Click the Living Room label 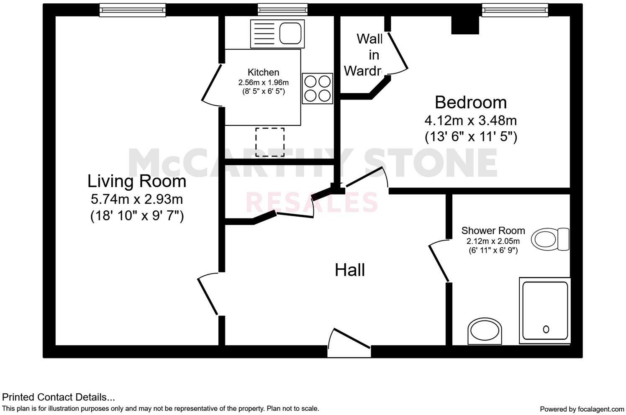pyautogui.click(x=137, y=181)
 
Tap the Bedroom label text pyautogui.click(x=470, y=102)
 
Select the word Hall pyautogui.click(x=350, y=270)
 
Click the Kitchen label pyautogui.click(x=263, y=72)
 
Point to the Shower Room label pyautogui.click(x=493, y=231)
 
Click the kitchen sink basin pyautogui.click(x=290, y=33)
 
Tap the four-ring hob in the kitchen pyautogui.click(x=317, y=89)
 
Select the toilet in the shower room pyautogui.click(x=550, y=239)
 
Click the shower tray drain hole pyautogui.click(x=546, y=329)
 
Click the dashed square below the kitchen pyautogui.click(x=270, y=142)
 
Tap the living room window pyautogui.click(x=133, y=10)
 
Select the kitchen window pyautogui.click(x=282, y=10)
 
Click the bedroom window pyautogui.click(x=515, y=10)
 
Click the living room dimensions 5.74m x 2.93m pyautogui.click(x=137, y=199)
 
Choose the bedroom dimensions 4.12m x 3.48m pyautogui.click(x=470, y=121)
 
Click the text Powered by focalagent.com pyautogui.click(x=582, y=409)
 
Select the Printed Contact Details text pyautogui.click(x=59, y=397)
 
